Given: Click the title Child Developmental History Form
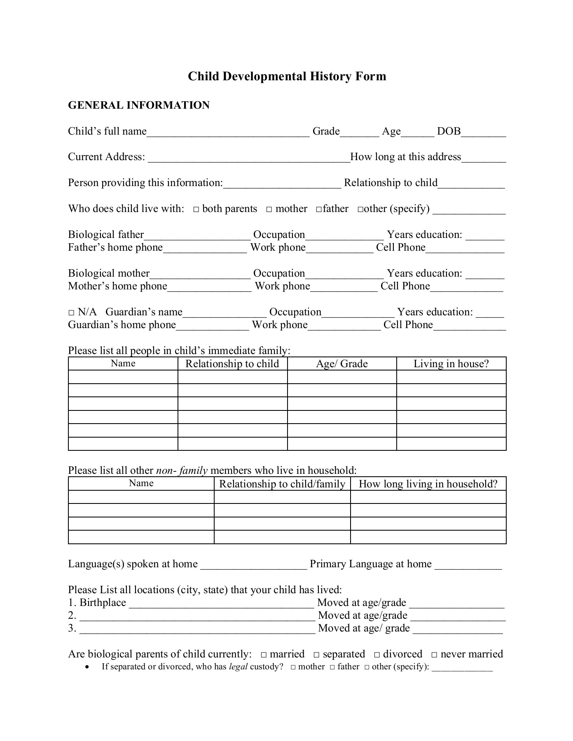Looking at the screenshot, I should [x=287, y=76].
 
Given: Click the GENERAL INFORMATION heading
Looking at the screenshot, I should [x=138, y=105].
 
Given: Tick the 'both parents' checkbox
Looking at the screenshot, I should [x=196, y=210].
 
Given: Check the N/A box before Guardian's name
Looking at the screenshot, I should [x=71, y=313].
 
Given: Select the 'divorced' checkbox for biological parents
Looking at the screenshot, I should [x=377, y=655].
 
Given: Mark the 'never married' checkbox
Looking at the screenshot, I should [x=434, y=655].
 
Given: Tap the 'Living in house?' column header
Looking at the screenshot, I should [x=451, y=364].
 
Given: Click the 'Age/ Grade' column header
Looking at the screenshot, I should [x=341, y=364].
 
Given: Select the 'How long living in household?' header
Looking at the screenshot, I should [x=428, y=484].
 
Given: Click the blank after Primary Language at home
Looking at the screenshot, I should [x=468, y=565].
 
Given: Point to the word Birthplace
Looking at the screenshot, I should [x=103, y=603].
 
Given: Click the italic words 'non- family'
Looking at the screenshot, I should [x=182, y=471].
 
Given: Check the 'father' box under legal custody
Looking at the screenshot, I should [x=332, y=667].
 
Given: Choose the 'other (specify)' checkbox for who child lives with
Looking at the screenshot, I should [x=360, y=210].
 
